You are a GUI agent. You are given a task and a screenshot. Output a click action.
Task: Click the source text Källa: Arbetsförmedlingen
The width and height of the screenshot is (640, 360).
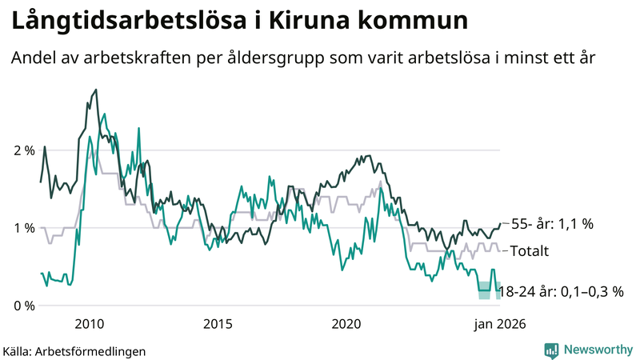coord(74,350)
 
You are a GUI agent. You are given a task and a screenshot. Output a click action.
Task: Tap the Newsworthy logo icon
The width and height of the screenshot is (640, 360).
coord(551,350)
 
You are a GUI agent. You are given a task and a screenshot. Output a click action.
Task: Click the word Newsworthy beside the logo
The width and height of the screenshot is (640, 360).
coord(597,350)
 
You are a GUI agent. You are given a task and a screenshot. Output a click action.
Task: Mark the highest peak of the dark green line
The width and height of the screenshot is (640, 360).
coord(96,90)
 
